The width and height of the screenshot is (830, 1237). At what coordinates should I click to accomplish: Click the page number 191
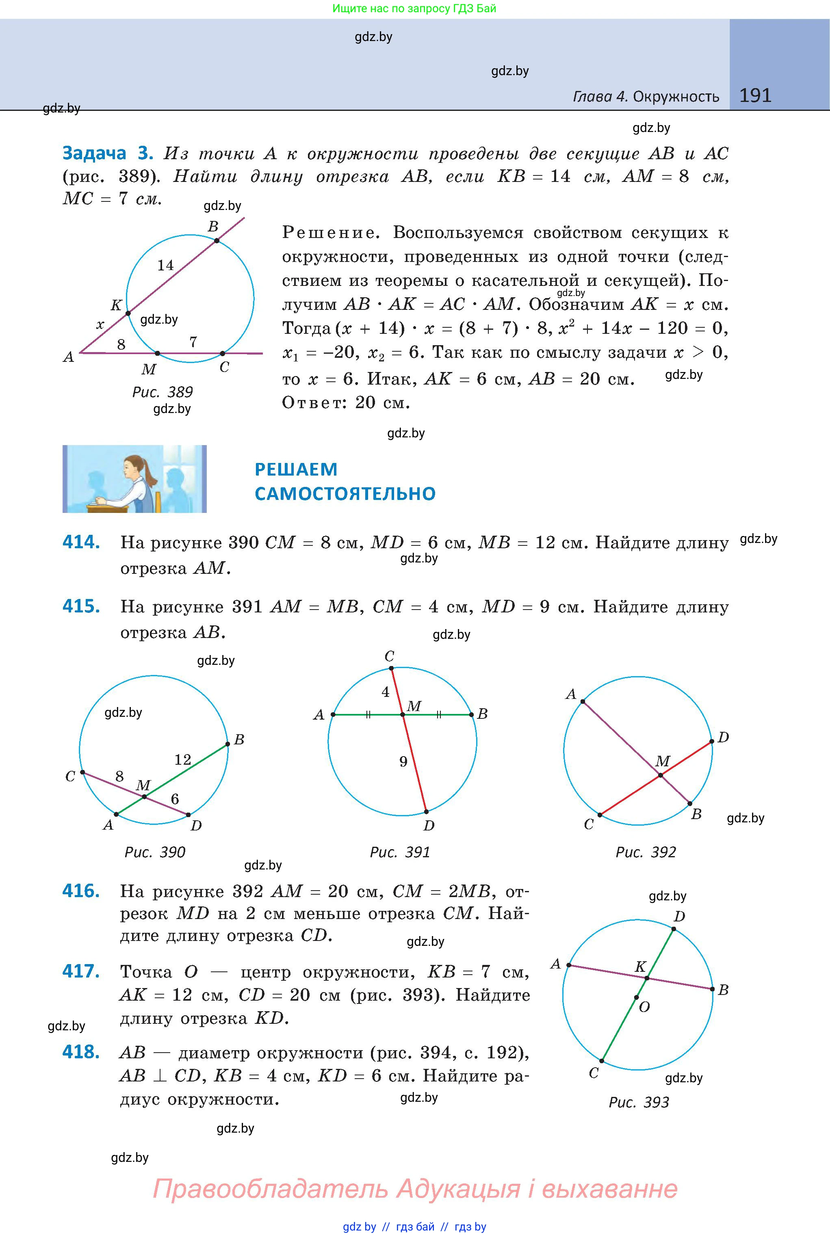755,95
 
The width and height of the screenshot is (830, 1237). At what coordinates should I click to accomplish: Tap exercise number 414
81,542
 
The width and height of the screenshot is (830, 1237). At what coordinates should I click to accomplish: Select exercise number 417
81,971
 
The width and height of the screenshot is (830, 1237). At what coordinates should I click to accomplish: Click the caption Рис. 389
162,392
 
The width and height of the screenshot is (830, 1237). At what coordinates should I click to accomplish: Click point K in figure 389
128,313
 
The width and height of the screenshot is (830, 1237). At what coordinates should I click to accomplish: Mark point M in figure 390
145,796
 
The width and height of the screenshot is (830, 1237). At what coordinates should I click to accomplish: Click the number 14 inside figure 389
165,265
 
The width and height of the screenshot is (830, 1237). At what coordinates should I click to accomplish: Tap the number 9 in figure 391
403,762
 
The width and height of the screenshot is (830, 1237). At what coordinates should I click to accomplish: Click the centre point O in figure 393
636,998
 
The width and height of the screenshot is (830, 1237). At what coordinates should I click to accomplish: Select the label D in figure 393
679,916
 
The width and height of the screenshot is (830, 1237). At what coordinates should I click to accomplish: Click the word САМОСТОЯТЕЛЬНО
345,494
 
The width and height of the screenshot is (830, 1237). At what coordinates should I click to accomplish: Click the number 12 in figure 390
183,760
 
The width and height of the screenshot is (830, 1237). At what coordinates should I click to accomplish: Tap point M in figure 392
661,776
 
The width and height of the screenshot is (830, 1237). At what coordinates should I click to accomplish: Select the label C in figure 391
390,657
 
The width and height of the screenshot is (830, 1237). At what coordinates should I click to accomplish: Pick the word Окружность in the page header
676,97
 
